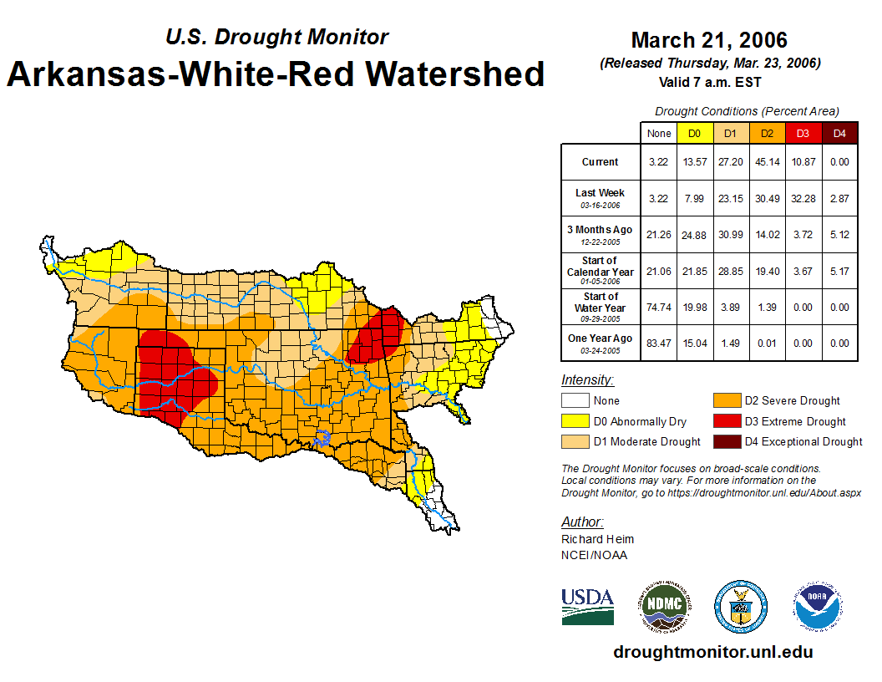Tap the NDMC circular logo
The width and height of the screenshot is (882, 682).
(666, 606)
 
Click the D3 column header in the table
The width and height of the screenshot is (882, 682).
(803, 133)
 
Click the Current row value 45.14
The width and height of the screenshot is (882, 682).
(767, 162)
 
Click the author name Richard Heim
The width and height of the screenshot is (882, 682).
(597, 539)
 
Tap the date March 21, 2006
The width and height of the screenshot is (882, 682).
(709, 40)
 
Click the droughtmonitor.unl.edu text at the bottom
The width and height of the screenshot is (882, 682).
(712, 652)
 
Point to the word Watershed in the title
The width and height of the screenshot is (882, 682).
(450, 74)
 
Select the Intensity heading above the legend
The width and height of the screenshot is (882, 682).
(587, 380)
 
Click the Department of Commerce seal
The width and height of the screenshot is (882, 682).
(740, 606)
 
